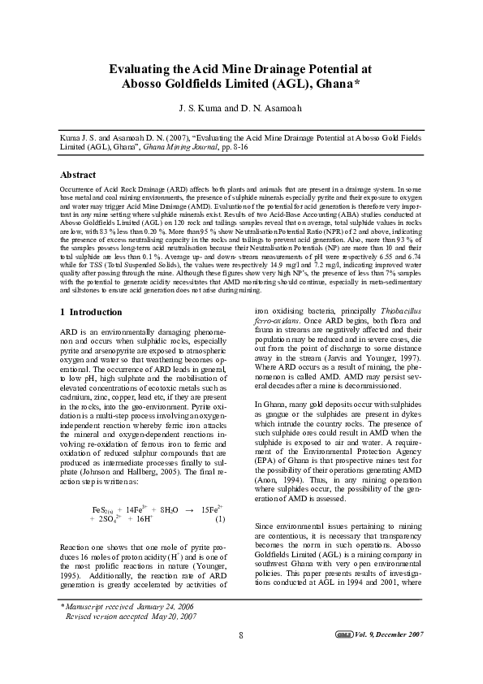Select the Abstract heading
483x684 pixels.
tap(78, 175)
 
